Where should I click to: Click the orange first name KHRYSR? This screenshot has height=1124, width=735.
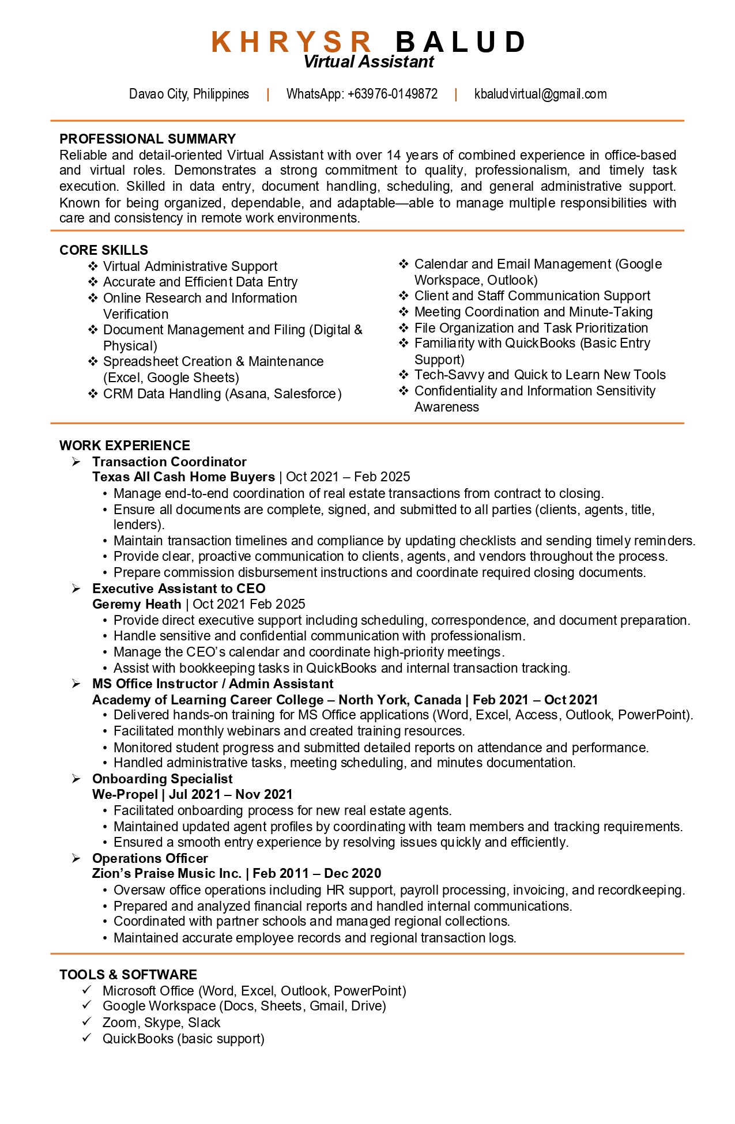(x=292, y=42)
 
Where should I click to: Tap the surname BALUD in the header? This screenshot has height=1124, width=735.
(x=461, y=42)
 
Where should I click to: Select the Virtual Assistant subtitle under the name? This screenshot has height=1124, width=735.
(x=368, y=62)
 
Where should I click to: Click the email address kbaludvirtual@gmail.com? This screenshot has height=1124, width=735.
(x=540, y=94)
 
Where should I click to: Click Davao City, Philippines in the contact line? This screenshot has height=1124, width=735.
(x=189, y=94)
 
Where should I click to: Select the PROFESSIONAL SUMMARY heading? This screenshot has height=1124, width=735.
(x=148, y=139)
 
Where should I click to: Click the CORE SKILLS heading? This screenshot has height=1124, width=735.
(x=104, y=250)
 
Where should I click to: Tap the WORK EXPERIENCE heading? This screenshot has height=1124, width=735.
(x=125, y=446)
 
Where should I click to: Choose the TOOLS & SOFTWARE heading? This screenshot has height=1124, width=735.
(x=128, y=975)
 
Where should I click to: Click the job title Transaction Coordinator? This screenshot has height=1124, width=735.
(x=169, y=462)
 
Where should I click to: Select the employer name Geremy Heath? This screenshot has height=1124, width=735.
(x=137, y=604)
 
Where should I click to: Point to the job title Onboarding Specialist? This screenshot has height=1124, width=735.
(x=163, y=779)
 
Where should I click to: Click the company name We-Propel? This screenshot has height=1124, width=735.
(x=125, y=794)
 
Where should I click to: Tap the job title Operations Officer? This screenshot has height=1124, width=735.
(x=150, y=858)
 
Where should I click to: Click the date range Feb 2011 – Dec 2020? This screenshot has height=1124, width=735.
(x=316, y=874)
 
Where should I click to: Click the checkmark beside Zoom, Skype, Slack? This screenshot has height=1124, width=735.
(x=87, y=1021)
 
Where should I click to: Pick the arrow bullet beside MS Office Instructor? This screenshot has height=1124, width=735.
(x=76, y=684)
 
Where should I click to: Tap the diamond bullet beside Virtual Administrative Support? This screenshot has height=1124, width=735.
(x=92, y=266)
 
